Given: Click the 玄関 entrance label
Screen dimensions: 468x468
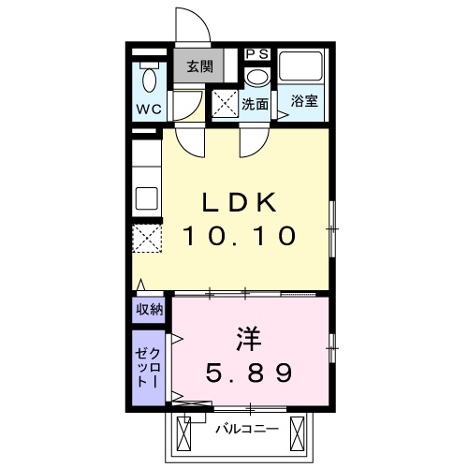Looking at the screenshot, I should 197,66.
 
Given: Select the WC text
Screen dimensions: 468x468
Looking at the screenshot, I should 148,108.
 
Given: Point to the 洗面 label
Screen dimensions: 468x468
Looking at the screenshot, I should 256,103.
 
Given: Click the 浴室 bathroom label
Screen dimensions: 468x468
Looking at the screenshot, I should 303,102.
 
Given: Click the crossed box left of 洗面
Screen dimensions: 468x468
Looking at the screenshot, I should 226,103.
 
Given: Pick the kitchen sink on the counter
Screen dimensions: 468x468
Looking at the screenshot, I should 147,198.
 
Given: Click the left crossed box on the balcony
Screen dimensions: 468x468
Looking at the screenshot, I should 183,433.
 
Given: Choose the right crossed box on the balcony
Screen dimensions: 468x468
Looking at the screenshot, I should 297,433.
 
